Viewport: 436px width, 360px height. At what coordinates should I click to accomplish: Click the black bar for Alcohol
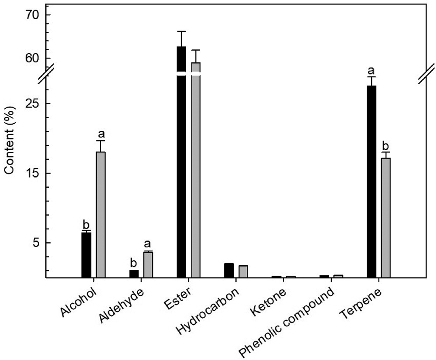tap(86, 255)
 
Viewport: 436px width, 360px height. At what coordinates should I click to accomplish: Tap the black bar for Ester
tap(181, 175)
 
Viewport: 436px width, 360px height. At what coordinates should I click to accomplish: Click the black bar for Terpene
tap(371, 181)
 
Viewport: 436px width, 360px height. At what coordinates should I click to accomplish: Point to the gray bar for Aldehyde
tap(148, 265)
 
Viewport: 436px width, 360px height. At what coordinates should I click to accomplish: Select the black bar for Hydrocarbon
tap(228, 271)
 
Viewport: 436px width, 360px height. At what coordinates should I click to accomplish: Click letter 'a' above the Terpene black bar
tap(371, 71)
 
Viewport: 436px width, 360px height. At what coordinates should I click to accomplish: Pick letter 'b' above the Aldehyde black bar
tap(133, 263)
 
